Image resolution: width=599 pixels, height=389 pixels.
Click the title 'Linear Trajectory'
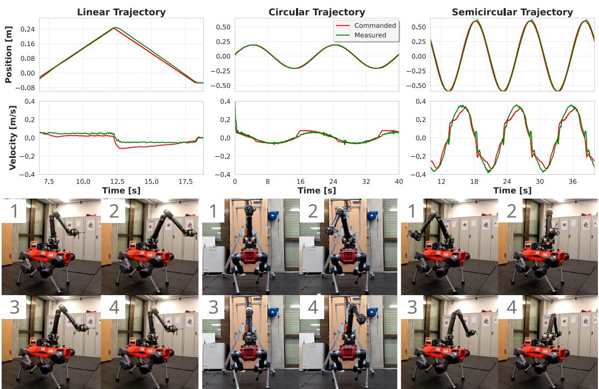coord(121,11)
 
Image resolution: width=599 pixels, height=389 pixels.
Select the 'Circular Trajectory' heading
coord(317,11)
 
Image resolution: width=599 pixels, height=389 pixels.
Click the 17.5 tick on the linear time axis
coord(186,181)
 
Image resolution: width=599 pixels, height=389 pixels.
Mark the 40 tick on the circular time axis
coord(398,181)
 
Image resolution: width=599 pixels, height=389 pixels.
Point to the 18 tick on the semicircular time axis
coord(475,181)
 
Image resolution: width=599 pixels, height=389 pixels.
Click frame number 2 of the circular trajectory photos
coord(348,246)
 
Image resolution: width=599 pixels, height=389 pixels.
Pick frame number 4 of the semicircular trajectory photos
coord(548,342)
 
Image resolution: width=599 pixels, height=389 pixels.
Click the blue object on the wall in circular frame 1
coord(272,213)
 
